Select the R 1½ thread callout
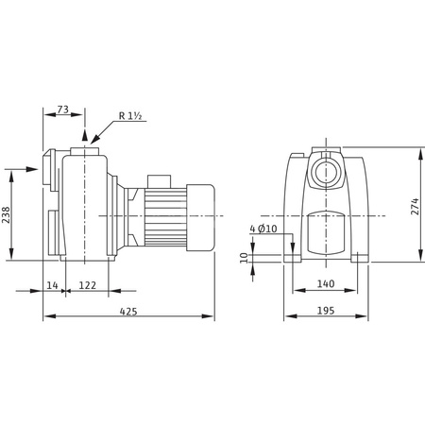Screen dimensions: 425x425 [x=130, y=116]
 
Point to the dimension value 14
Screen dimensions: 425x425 [x=51, y=284]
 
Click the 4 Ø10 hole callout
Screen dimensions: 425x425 [x=263, y=229]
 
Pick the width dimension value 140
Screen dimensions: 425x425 [x=326, y=284]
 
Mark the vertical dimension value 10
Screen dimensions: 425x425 [x=244, y=256]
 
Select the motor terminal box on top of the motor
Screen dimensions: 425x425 [x=158, y=178]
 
